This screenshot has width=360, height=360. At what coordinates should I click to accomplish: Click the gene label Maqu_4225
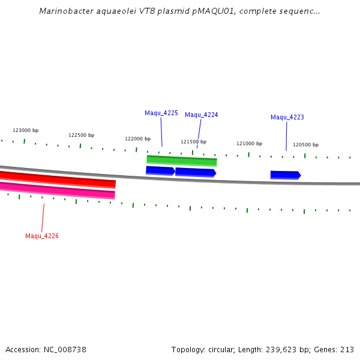[x=161, y=113]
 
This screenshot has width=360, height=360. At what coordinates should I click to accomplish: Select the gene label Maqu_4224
[x=201, y=115]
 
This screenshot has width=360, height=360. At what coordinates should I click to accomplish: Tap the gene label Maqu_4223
[x=287, y=117]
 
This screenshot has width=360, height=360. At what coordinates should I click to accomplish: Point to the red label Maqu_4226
[x=41, y=236]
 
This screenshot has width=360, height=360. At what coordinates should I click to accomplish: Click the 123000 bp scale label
[x=25, y=130]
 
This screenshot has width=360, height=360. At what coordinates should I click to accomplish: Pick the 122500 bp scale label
[x=81, y=135]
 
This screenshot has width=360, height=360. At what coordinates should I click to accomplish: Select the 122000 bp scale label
[x=137, y=139]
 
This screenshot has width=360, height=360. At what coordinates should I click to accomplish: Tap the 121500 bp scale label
[x=193, y=142]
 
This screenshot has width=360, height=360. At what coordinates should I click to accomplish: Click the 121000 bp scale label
[x=249, y=143]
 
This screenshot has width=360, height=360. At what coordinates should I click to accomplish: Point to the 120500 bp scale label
[x=305, y=145]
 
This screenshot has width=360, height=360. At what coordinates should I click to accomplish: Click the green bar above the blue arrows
[x=181, y=160]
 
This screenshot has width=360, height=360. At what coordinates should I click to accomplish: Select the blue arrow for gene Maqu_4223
[x=285, y=175]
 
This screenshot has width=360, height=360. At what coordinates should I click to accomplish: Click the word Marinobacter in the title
[x=64, y=11]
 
